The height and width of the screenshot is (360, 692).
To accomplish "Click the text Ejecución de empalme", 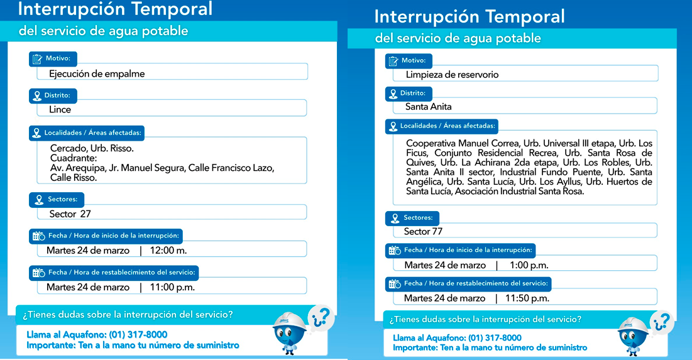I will coord(97,74).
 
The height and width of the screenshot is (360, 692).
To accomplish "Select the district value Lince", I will coord(60,109).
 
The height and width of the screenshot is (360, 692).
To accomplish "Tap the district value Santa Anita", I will coord(428,107).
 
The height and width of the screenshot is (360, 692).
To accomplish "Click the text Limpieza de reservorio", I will coord(452,75).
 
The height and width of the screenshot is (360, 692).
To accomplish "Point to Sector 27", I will coord(70,214).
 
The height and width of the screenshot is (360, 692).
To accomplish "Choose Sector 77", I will coord(423,231).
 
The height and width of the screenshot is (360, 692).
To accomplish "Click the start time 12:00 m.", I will coord(168,250).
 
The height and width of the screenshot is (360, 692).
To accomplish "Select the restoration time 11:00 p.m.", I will coord(172,287).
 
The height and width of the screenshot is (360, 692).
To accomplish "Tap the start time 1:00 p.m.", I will coord(529,265).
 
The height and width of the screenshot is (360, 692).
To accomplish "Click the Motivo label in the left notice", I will coord(57,58).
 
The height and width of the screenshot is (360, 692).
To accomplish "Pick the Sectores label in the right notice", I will coord(417,218).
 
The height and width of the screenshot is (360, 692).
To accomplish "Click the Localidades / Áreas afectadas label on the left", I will coord(93,133).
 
